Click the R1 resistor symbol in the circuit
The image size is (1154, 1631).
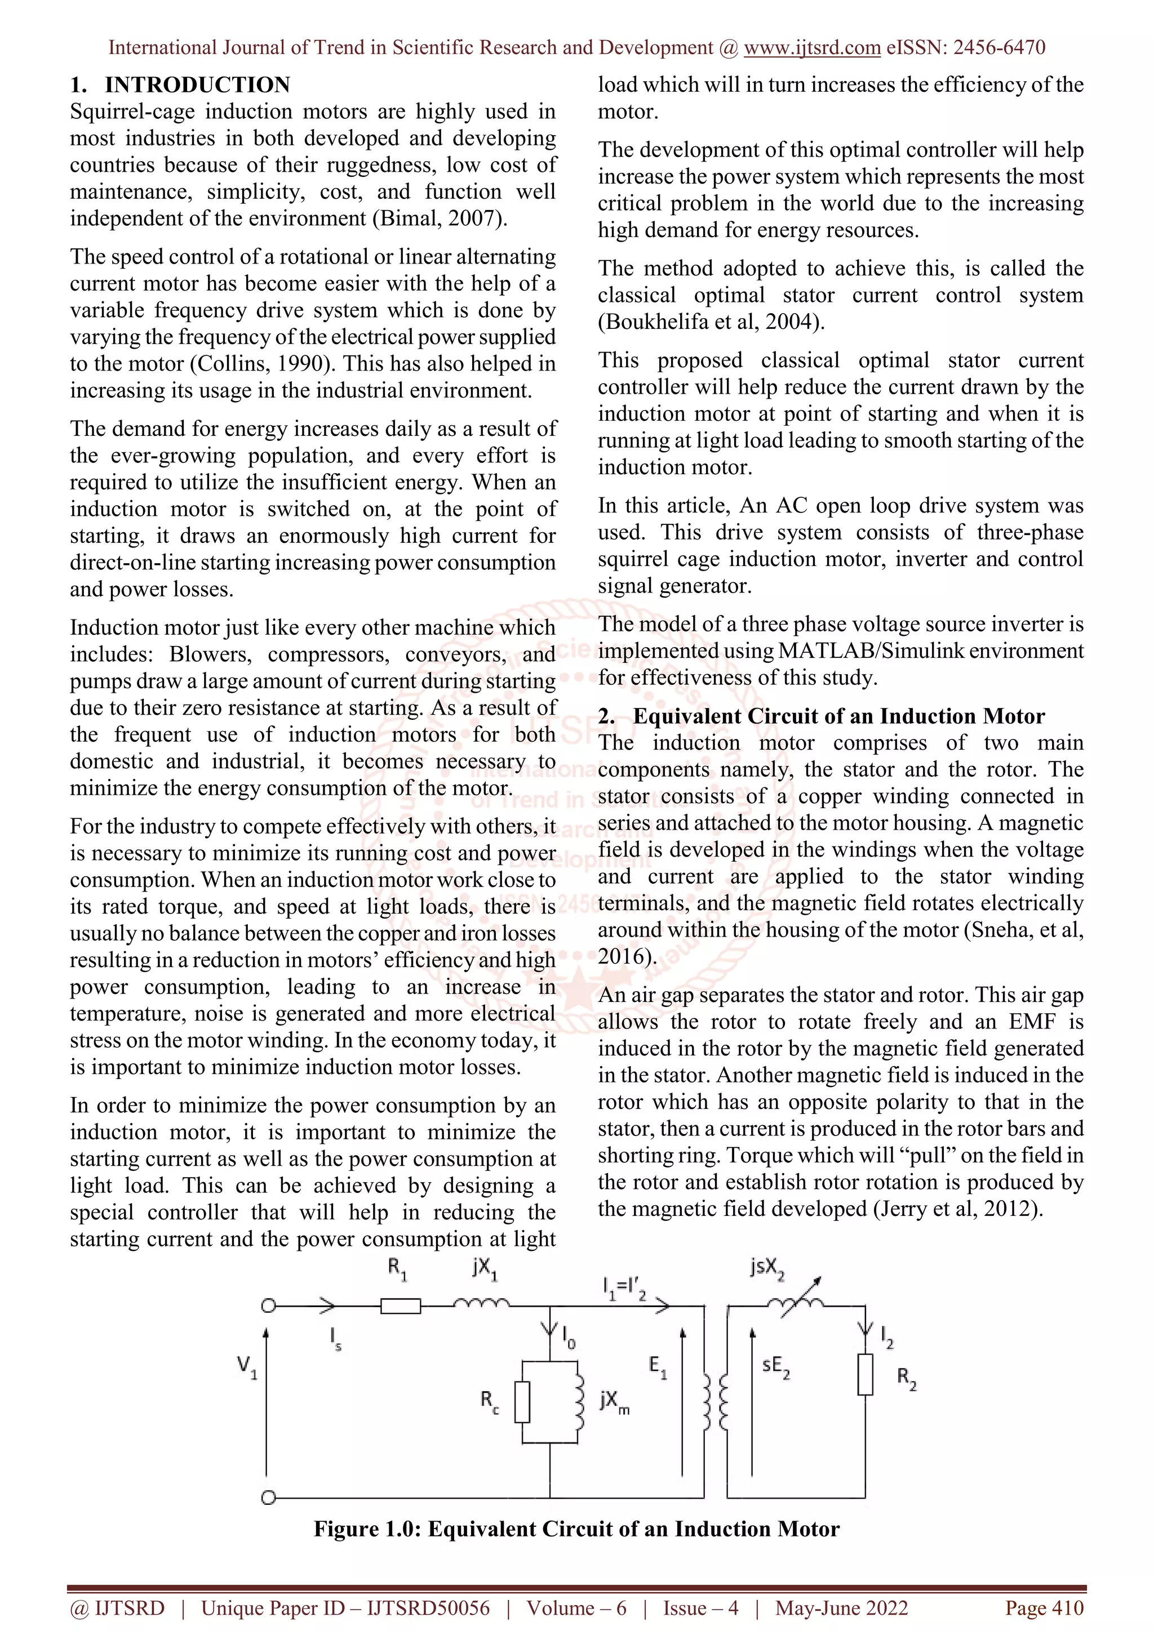pos(400,1305)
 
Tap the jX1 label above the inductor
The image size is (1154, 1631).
pos(485,1269)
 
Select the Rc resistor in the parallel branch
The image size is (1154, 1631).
pos(522,1402)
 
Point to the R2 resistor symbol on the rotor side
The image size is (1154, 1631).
pos(865,1375)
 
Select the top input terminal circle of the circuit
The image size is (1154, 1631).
pos(268,1305)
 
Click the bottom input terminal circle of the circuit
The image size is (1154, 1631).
pos(268,1498)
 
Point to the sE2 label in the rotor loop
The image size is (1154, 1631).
pos(775,1366)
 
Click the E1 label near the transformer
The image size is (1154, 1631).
pos(658,1366)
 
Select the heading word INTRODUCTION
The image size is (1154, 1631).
pos(198,84)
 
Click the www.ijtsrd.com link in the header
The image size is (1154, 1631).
pos(811,48)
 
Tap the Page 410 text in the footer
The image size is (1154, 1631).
pos(1044,1607)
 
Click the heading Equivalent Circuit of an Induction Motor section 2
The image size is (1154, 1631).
pos(838,716)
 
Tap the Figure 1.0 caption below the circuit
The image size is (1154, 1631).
pos(576,1528)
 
